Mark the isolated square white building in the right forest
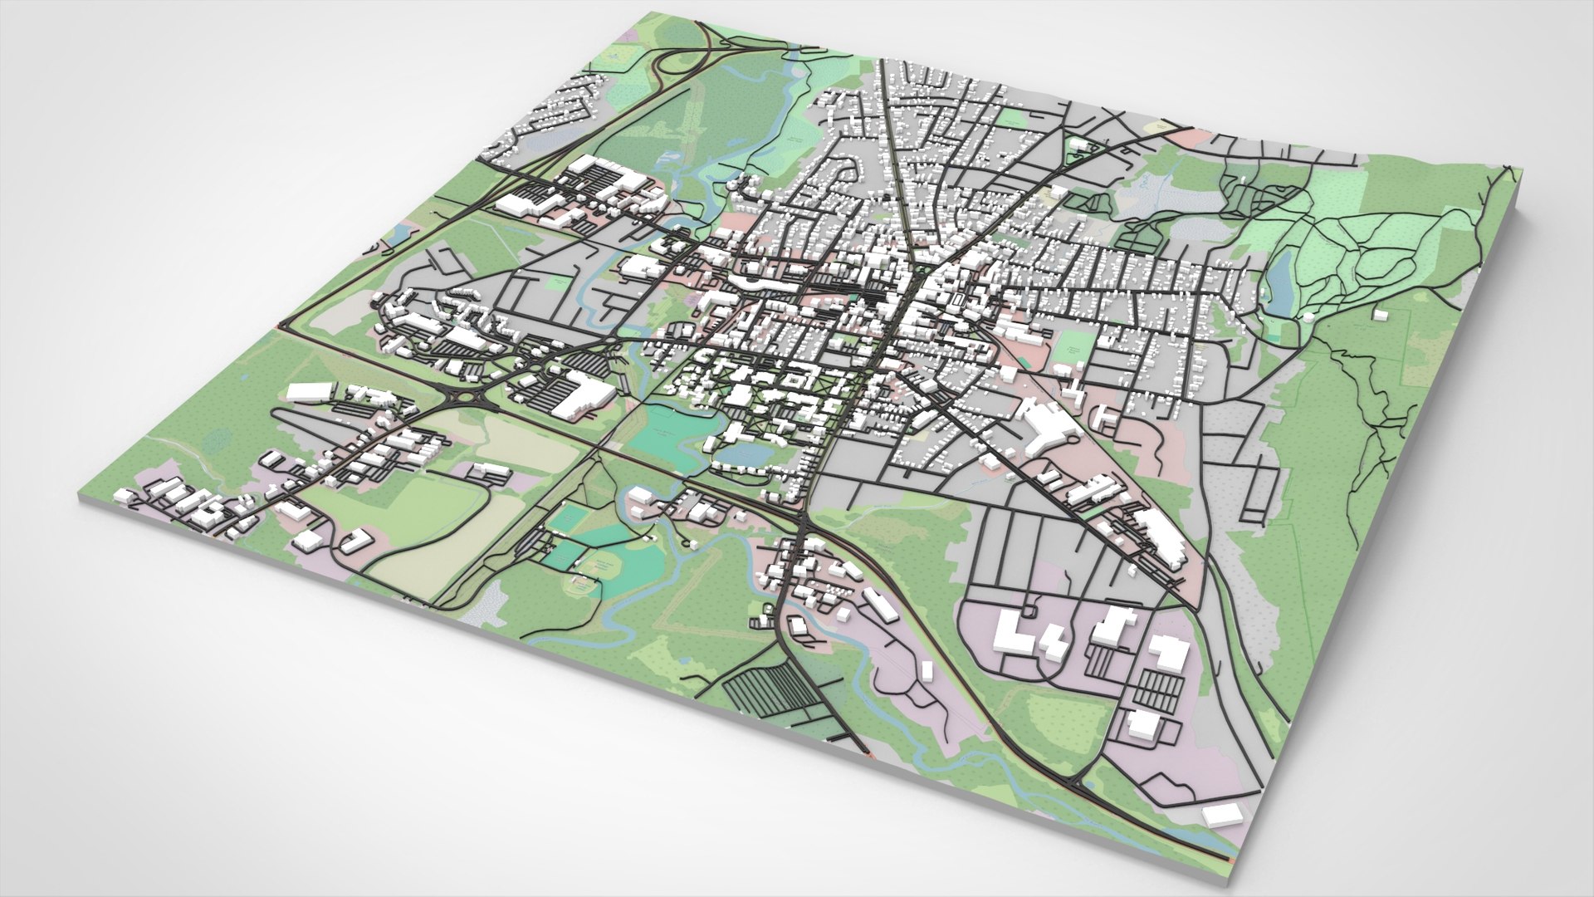tap(1380, 314)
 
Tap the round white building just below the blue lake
tap(1308, 316)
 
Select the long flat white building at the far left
tap(309, 392)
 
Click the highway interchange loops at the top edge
tap(681, 62)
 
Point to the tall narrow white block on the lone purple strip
tap(927, 671)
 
